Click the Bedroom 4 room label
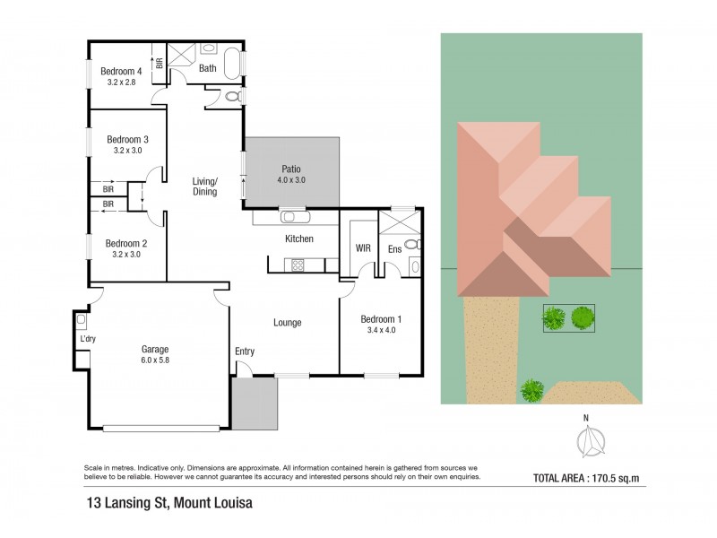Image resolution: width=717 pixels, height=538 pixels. (x=121, y=72)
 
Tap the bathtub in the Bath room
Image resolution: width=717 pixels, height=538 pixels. (x=232, y=63)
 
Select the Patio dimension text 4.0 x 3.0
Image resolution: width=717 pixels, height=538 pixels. (x=291, y=180)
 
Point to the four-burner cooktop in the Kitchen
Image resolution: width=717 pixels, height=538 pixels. (x=298, y=265)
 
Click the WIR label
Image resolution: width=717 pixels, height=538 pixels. (x=363, y=248)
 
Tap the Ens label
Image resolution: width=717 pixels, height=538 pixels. (x=394, y=249)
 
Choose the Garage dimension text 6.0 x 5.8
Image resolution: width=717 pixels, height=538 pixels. (x=155, y=360)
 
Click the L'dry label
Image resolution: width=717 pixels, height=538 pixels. (x=88, y=339)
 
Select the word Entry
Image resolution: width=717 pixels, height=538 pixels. (x=245, y=351)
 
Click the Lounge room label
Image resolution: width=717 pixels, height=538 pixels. (x=287, y=323)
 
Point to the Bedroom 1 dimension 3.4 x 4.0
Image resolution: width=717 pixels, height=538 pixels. (x=382, y=330)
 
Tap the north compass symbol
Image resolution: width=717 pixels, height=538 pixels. (x=591, y=441)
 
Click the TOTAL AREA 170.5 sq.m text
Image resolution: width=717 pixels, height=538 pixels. (x=586, y=479)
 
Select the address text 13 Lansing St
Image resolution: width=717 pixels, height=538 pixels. (x=128, y=503)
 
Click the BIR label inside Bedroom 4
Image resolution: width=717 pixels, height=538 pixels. (x=160, y=63)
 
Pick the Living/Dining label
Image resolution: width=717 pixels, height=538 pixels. (x=204, y=187)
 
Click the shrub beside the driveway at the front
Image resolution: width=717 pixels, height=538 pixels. (x=532, y=390)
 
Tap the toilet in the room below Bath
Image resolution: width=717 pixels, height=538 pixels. (x=234, y=97)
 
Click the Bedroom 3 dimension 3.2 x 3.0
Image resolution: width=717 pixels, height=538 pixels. (x=127, y=151)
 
